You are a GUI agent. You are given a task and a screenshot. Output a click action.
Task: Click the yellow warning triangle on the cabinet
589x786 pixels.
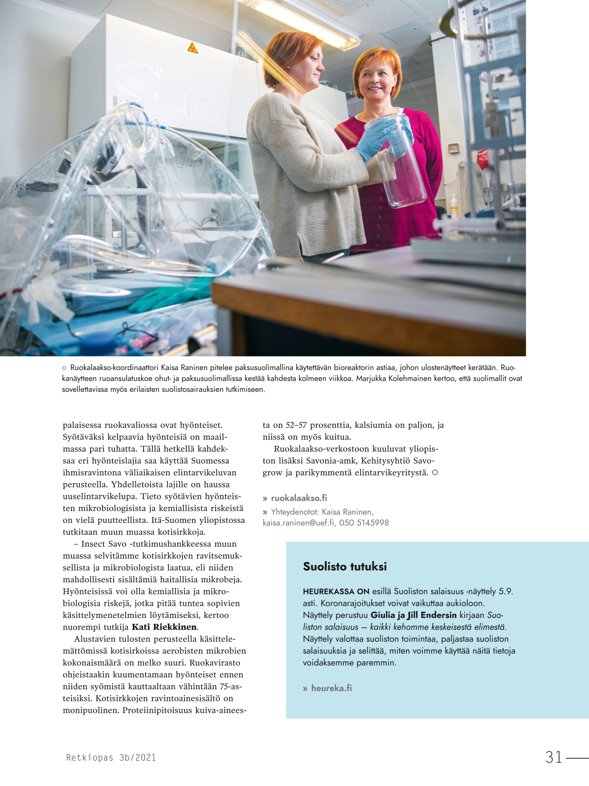192,48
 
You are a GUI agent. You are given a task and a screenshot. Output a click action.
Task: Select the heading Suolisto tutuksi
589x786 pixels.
345,567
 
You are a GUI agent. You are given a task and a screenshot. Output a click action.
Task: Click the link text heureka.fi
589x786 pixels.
331,688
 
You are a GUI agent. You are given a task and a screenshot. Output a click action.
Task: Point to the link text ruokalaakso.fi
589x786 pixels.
299,498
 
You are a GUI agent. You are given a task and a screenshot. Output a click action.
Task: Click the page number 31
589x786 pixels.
554,757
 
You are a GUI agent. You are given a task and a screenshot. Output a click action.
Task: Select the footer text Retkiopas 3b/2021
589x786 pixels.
111,757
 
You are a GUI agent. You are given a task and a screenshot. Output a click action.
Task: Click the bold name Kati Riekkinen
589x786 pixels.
164,627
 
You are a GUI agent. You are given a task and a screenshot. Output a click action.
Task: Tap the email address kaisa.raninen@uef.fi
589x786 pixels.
299,523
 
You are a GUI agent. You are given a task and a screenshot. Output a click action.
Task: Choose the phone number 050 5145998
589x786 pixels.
364,523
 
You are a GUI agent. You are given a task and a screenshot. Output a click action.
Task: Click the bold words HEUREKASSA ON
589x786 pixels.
336,592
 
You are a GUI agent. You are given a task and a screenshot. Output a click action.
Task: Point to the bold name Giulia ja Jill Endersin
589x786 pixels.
413,615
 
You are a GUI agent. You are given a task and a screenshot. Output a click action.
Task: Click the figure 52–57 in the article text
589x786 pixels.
296,425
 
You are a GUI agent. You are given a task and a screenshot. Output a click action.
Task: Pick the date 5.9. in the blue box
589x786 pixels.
506,592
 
